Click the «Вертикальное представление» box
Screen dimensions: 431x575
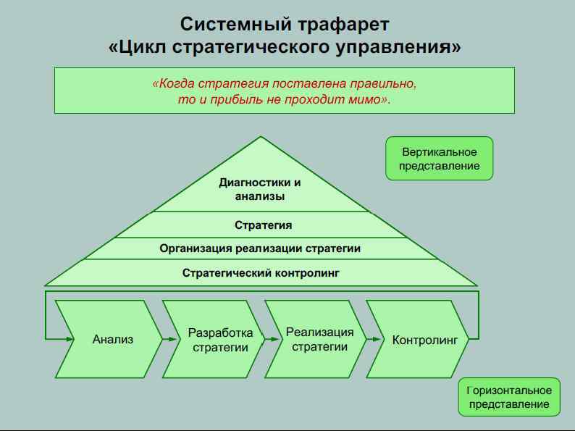point(440,159)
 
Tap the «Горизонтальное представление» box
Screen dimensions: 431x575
point(510,397)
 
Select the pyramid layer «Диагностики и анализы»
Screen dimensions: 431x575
point(260,189)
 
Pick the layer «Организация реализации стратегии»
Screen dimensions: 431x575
point(260,248)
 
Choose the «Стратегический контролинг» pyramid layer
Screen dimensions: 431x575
point(261,273)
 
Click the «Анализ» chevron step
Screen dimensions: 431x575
point(113,339)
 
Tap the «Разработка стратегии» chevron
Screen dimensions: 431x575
point(220,340)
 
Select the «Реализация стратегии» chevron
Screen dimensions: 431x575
point(320,339)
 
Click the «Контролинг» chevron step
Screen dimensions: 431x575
point(424,339)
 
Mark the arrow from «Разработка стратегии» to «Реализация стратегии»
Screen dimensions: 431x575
point(273,338)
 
